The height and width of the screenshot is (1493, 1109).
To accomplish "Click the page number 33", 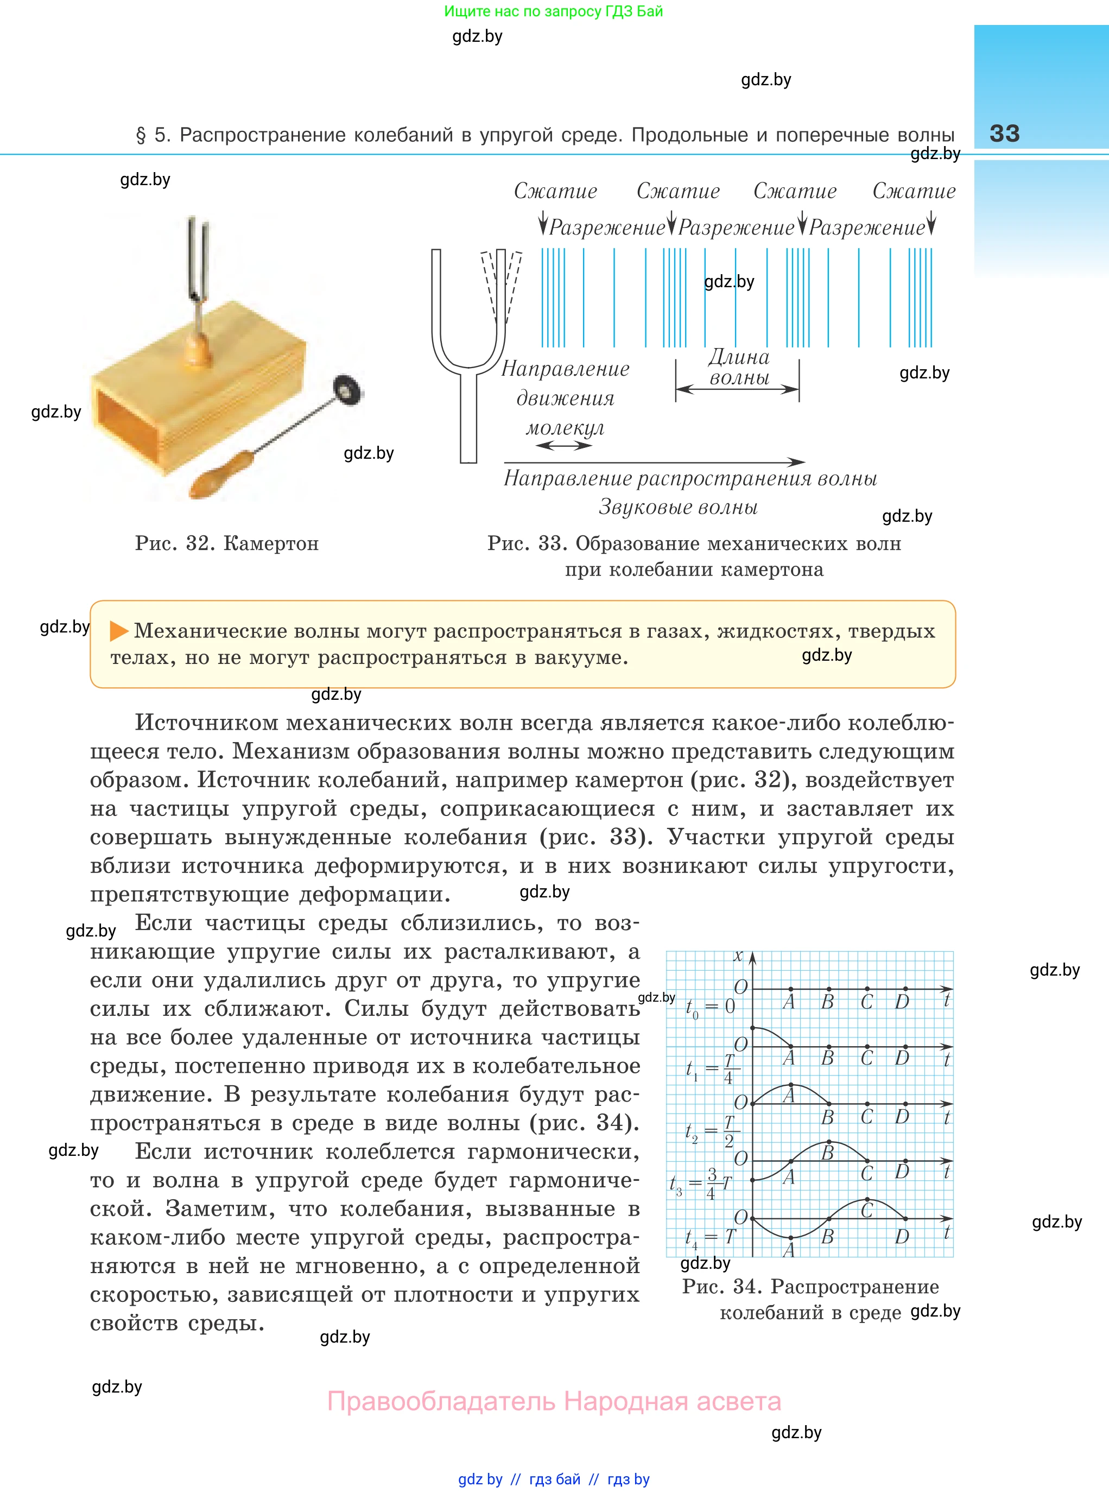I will [1004, 133].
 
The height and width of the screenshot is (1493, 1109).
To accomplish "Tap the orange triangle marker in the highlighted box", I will [119, 630].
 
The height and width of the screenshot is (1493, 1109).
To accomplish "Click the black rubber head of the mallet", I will [347, 389].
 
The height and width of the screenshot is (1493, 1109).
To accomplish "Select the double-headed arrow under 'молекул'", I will [564, 445].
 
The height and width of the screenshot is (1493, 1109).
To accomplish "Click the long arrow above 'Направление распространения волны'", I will [655, 462].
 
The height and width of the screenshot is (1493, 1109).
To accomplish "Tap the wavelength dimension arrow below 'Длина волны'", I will [737, 389].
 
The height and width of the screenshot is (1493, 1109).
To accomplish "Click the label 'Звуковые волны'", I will [678, 507].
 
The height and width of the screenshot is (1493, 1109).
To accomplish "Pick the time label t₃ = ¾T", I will [701, 1184].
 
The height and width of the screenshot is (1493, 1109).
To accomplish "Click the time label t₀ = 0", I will [709, 1007].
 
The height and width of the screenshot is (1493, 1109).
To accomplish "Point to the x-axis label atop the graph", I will [738, 956].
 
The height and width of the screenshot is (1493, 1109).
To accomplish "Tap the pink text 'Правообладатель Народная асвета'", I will [554, 1402].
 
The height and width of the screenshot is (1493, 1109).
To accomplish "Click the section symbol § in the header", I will [141, 136].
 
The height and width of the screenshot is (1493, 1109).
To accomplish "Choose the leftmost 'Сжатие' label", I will [555, 191].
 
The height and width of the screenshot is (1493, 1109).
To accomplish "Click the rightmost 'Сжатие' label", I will [914, 191].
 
